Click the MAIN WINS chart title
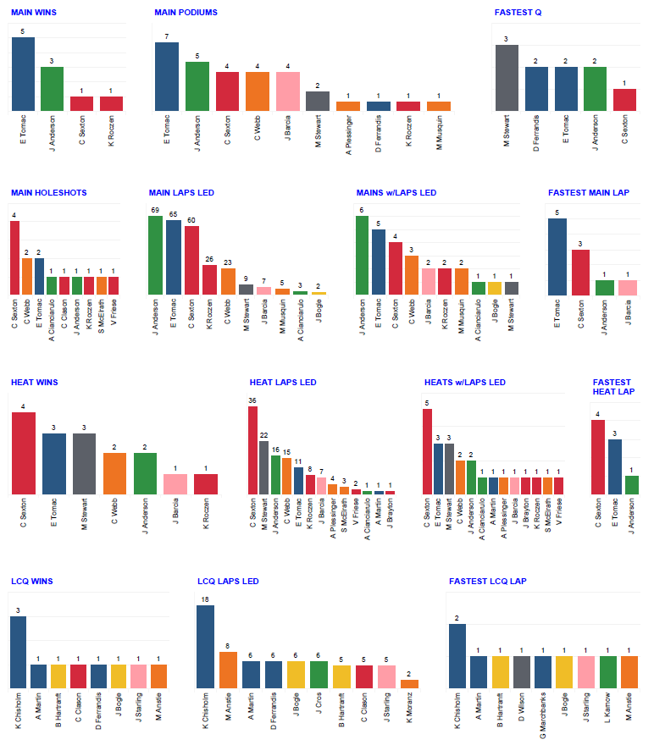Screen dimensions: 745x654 pyautogui.click(x=34, y=13)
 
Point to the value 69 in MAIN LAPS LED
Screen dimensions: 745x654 pyautogui.click(x=155, y=209)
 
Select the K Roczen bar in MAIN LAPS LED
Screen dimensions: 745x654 pyautogui.click(x=209, y=279)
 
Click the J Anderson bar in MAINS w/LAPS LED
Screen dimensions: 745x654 pyautogui.click(x=362, y=255)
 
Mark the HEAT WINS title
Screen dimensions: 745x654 pyautogui.click(x=34, y=383)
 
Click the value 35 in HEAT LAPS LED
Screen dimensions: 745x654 pyautogui.click(x=252, y=400)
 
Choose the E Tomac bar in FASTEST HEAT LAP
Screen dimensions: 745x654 pyautogui.click(x=614, y=466)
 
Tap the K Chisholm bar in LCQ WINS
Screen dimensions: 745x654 pyautogui.click(x=18, y=652)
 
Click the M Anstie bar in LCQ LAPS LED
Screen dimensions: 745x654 pyautogui.click(x=228, y=670)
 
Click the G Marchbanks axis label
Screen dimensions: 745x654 pyautogui.click(x=543, y=715)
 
